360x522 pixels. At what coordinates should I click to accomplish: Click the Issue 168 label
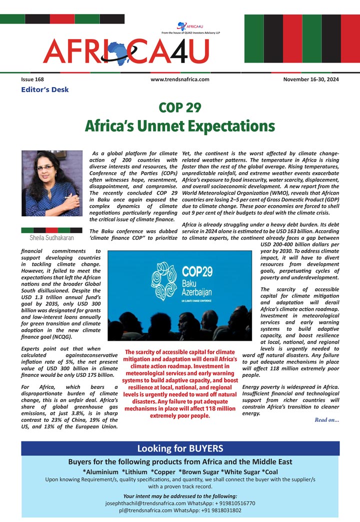coord(32,79)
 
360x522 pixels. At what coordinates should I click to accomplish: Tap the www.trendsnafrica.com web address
coord(179,79)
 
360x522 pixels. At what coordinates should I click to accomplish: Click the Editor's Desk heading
coord(45,90)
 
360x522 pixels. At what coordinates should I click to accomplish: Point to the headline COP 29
coord(179,107)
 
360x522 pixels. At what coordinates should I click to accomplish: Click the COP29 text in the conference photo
coord(198,272)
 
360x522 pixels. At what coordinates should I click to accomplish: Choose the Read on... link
coord(327,419)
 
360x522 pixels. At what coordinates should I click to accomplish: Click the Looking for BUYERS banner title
coord(180,448)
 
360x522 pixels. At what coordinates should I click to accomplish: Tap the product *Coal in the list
coord(268,472)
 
